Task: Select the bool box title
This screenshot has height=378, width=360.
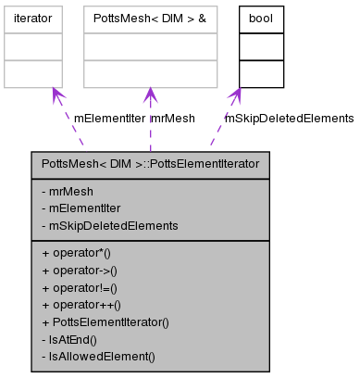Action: (261, 18)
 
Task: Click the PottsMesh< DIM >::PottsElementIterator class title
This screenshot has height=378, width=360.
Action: (151, 164)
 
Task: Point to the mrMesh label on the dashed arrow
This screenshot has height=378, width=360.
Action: (173, 119)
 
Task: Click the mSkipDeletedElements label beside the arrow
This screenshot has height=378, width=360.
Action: (289, 119)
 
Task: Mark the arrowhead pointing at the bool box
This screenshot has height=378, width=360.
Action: (236, 94)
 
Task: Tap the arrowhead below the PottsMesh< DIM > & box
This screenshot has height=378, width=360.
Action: (150, 94)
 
